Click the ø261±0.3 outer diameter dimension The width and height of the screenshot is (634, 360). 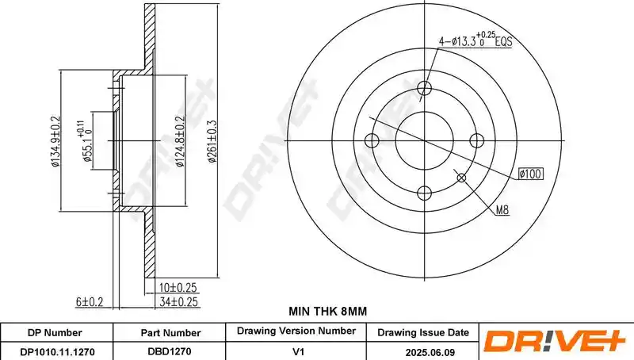pos(212,141)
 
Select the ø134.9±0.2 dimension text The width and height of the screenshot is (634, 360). pos(55,141)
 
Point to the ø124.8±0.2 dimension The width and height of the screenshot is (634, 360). pos(180,141)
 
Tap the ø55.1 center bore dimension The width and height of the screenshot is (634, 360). pos(87,141)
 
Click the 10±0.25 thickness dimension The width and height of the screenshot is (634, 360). pos(178,288)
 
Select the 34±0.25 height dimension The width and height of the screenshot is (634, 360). pos(178,302)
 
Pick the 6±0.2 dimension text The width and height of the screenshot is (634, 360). pos(90,302)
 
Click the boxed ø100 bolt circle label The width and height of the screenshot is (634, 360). pos(530,174)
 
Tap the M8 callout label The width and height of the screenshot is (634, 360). pos(502,210)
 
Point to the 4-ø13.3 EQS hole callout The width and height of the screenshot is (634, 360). pos(475,40)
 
